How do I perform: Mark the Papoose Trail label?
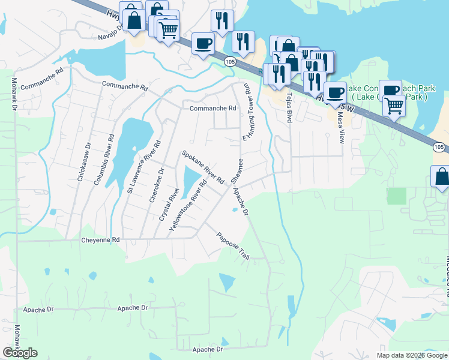[x=233, y=245]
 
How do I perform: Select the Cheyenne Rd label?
[x=100, y=239]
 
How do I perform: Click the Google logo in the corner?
[x=20, y=353]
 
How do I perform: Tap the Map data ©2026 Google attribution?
[x=411, y=355]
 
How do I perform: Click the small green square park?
[x=396, y=196]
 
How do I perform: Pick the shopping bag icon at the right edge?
[x=441, y=178]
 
